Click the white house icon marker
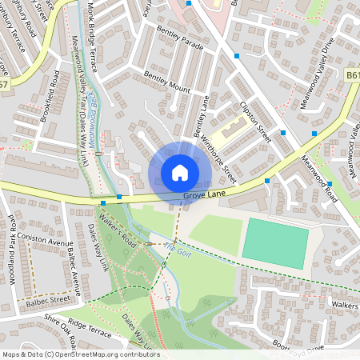point(179,172)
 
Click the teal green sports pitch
point(275,242)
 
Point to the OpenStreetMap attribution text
point(81,354)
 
